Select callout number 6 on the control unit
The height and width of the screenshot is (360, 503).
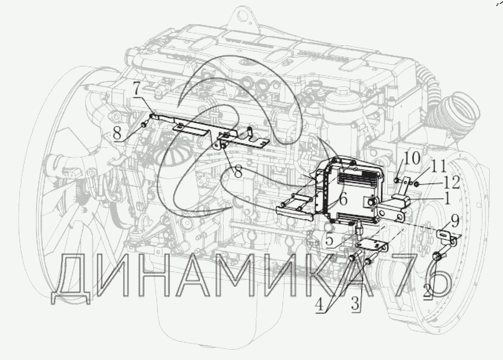343,200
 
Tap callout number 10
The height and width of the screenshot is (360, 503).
412,158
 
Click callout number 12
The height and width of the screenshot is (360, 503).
452,183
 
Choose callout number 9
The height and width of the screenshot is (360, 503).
454,221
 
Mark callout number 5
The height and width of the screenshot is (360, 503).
330,240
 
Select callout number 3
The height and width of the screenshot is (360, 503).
355,304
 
